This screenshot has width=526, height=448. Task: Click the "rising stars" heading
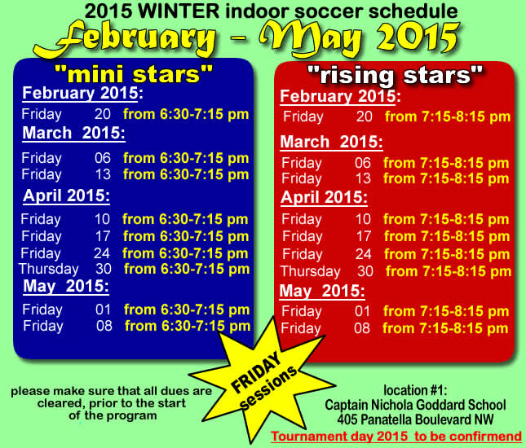point(390,77)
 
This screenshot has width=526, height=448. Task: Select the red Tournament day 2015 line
point(396,437)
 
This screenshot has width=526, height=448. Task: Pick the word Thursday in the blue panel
point(48,269)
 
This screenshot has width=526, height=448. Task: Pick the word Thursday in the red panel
point(310,271)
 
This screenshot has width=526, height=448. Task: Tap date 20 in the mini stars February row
point(103,115)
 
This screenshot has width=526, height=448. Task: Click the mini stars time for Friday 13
point(186,174)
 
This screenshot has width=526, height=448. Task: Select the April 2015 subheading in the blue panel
point(67,195)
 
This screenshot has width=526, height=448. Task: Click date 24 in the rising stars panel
point(363,254)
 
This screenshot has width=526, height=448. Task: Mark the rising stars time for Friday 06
point(446,163)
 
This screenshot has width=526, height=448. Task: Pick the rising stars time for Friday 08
point(446,329)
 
